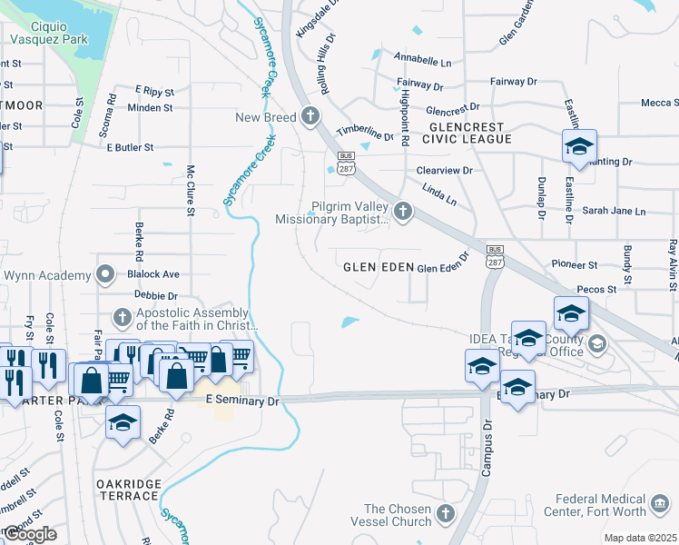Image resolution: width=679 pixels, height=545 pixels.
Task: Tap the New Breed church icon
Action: coord(310,116)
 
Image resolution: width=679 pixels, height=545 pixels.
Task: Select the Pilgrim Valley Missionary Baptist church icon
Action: coord(403,212)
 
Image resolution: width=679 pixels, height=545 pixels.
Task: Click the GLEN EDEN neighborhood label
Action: coord(377,268)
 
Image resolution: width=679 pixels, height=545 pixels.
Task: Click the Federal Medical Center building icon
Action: coord(661,500)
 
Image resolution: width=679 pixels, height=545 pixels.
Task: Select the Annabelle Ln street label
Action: coord(422,62)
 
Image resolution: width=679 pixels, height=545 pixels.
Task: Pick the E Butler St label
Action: coord(131,146)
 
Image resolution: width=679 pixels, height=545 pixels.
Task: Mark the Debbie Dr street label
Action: coord(154,296)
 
